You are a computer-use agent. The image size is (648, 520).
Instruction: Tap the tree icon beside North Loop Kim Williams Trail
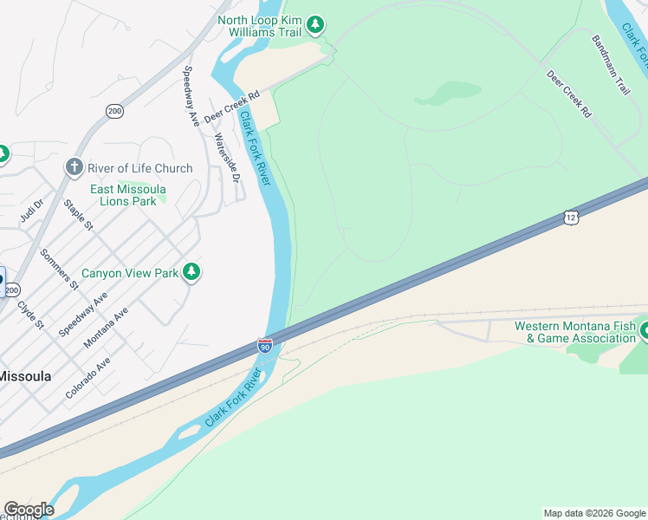[316, 24]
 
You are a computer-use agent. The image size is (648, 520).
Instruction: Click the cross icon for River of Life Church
[75, 166]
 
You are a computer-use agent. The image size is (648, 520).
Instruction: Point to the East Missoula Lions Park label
[128, 195]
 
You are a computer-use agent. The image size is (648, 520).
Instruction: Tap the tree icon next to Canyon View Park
[191, 273]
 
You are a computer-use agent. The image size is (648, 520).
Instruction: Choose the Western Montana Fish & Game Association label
[573, 332]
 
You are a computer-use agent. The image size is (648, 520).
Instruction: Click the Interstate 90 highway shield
[264, 346]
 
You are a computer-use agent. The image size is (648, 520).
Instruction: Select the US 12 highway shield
[569, 217]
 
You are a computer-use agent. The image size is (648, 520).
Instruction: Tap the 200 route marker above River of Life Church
[114, 111]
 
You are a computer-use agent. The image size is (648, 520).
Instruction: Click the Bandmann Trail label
[611, 64]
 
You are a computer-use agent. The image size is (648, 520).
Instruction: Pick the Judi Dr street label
[32, 211]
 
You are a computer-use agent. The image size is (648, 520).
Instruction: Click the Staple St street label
[78, 215]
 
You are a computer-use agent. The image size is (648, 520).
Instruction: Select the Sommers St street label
[59, 268]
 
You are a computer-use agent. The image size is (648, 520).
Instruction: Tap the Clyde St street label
[30, 315]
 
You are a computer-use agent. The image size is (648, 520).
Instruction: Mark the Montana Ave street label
[106, 328]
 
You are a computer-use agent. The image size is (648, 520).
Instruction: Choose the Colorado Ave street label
[87, 377]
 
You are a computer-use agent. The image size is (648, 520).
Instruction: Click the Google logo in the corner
[29, 509]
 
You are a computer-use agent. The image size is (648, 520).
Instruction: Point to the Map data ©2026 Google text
[593, 513]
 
